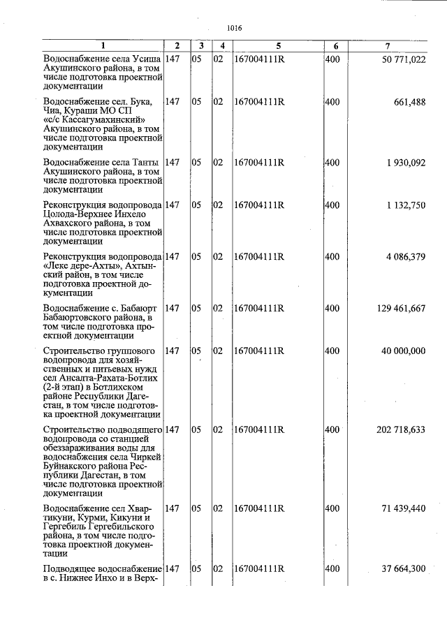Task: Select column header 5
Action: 277,46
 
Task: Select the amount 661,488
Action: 409,102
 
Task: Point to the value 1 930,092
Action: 405,163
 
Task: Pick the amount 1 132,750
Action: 405,205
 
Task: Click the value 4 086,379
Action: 405,257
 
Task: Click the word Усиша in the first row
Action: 147,59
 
